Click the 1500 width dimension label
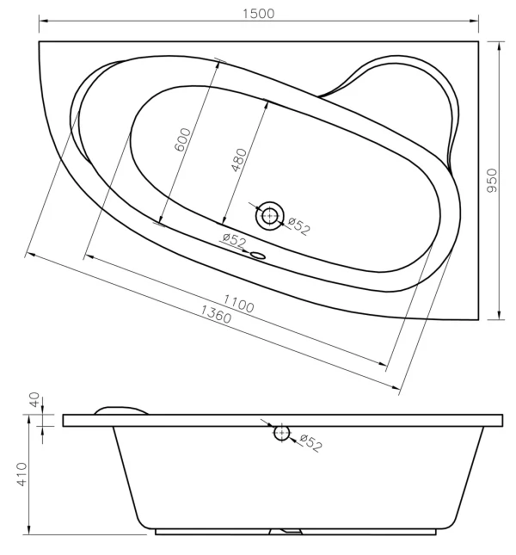[258, 14]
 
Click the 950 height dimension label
[492, 181]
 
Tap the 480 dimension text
[239, 160]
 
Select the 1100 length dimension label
[238, 304]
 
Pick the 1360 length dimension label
[216, 314]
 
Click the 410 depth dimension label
[21, 474]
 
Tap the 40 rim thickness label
[34, 399]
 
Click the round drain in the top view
[270, 216]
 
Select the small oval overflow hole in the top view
[258, 256]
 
